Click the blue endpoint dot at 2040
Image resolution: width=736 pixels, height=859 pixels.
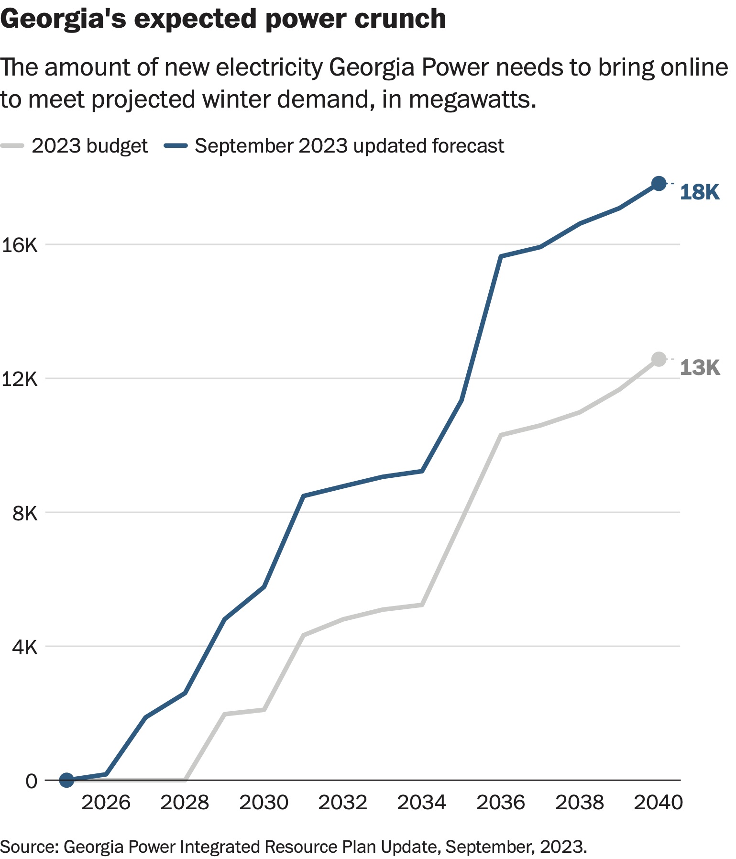pyautogui.click(x=659, y=183)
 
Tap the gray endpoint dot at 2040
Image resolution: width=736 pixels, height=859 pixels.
pyautogui.click(x=659, y=359)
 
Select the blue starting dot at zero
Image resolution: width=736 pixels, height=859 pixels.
pyautogui.click(x=66, y=780)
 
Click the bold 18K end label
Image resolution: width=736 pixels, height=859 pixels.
pyautogui.click(x=699, y=192)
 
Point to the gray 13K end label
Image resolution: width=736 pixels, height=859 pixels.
pyautogui.click(x=699, y=368)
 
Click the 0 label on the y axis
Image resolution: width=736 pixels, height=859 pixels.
pyautogui.click(x=31, y=781)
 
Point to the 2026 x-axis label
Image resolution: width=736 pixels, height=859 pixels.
pyautogui.click(x=106, y=803)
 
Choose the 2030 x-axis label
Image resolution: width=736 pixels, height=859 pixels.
pyautogui.click(x=264, y=803)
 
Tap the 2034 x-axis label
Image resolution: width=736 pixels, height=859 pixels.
pyautogui.click(x=421, y=803)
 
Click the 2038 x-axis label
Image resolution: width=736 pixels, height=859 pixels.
pyautogui.click(x=580, y=803)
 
